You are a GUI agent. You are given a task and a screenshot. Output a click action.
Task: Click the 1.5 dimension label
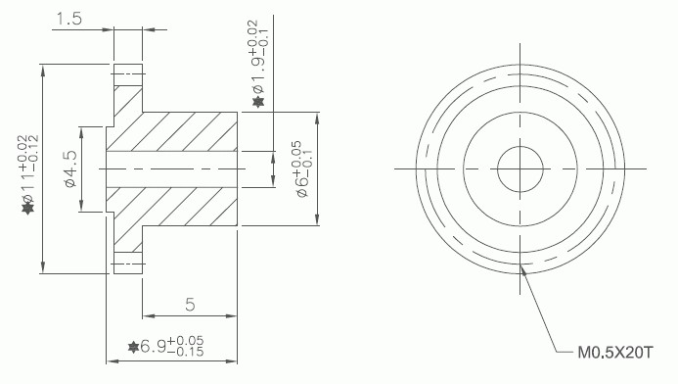69,19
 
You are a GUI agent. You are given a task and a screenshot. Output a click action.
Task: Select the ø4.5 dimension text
70,168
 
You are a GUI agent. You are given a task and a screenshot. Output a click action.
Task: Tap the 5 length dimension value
190,305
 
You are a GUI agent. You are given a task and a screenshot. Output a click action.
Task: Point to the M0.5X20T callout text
614,353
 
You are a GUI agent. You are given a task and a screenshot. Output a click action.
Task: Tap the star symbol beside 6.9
134,347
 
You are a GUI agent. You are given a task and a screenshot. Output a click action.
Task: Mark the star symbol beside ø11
28,209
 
